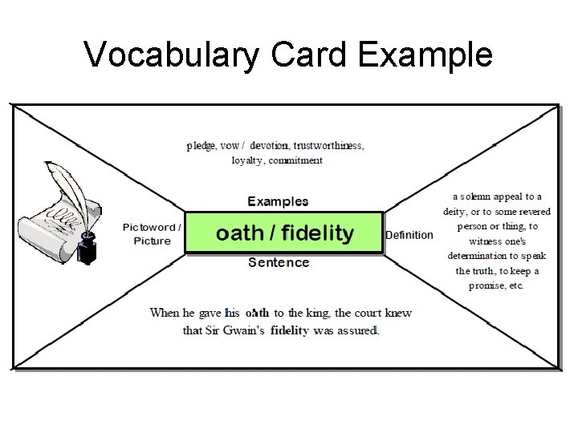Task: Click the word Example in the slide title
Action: pyautogui.click(x=425, y=55)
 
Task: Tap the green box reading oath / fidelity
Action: pyautogui.click(x=284, y=233)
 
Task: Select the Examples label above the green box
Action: pyautogui.click(x=278, y=201)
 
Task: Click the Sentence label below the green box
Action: pyautogui.click(x=279, y=262)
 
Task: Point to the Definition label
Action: pyautogui.click(x=409, y=235)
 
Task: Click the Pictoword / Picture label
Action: pyautogui.click(x=152, y=234)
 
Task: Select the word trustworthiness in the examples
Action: pyautogui.click(x=328, y=146)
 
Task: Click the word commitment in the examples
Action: pyautogui.click(x=295, y=160)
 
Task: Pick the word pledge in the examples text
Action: pyautogui.click(x=201, y=146)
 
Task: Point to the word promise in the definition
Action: pyautogui.click(x=486, y=285)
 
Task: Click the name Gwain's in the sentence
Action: pyautogui.click(x=246, y=330)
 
